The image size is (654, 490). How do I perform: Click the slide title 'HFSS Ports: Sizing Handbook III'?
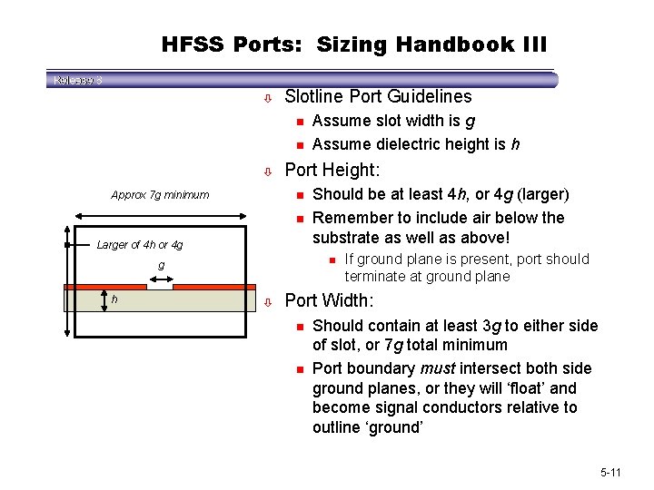pos(354,44)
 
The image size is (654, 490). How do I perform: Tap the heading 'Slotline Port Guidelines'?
pos(378,96)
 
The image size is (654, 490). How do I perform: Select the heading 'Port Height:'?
pos(332,170)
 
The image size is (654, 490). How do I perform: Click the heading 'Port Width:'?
pos(329,300)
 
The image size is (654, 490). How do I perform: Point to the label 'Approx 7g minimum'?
pos(160,194)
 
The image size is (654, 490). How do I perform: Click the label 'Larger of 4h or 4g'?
pos(140,244)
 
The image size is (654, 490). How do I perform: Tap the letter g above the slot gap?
pos(161,266)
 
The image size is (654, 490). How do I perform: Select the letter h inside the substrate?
pos(114,300)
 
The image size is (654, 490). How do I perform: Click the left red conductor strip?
pos(104,287)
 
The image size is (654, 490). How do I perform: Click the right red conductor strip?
pos(214,287)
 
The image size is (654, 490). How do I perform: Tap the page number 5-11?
pos(610,473)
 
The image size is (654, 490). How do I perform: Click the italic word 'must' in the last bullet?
pos(437,368)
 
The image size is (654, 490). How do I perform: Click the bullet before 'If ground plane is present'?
pos(332,260)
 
